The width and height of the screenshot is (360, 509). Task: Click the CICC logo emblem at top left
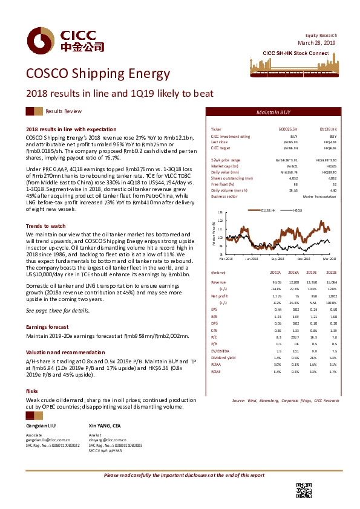[36, 41]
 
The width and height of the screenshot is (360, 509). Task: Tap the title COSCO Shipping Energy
[98, 74]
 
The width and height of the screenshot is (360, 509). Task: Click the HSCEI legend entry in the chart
[298, 210]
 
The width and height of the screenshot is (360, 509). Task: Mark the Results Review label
[64, 112]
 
